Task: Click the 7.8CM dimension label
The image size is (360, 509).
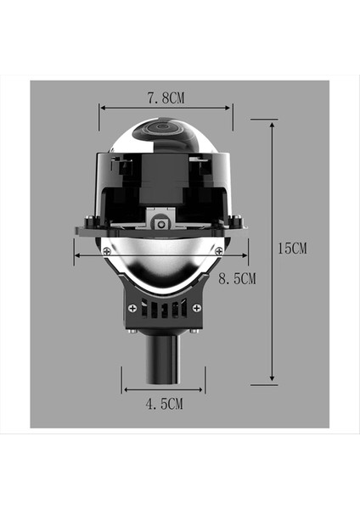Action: [166, 98]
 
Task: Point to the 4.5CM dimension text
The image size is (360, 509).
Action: [165, 405]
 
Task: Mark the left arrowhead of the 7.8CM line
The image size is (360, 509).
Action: [103, 107]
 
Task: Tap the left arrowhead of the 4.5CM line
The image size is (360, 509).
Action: [126, 390]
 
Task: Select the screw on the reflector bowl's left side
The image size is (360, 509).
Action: [106, 251]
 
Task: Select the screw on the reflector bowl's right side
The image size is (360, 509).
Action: [219, 249]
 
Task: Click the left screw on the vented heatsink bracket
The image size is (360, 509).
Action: [132, 308]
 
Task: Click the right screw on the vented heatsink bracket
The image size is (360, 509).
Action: [196, 308]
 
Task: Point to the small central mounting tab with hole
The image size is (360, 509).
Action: [160, 223]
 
